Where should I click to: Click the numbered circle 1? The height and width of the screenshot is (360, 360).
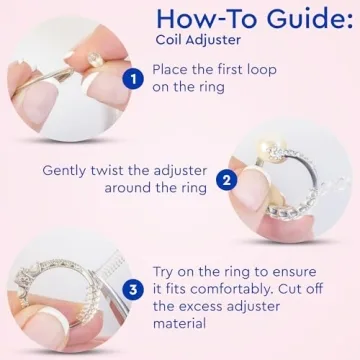(x=131, y=77)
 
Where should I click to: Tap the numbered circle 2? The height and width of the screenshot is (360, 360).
(x=226, y=180)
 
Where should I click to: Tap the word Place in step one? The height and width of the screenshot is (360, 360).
(x=173, y=70)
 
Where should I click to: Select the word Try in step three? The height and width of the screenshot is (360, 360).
(x=168, y=272)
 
